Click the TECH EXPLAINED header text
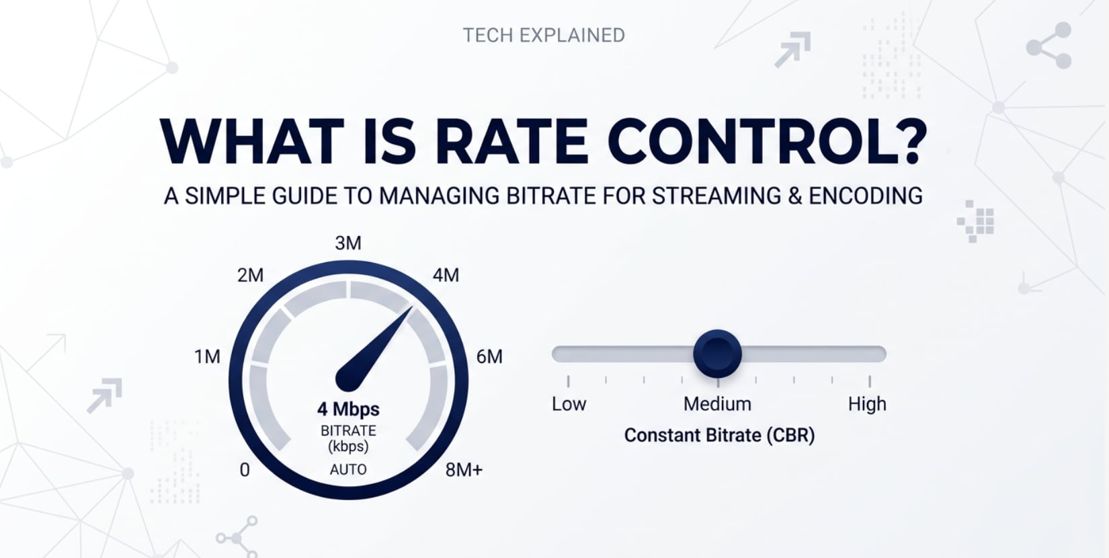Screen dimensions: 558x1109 (x=544, y=35)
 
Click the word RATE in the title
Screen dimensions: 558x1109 (x=511, y=142)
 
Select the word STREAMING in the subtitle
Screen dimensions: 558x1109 (x=715, y=196)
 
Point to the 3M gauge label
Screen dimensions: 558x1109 (x=348, y=243)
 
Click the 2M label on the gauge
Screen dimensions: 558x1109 (x=250, y=275)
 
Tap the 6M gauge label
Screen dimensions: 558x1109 (x=489, y=356)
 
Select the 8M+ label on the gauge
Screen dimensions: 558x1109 (x=464, y=469)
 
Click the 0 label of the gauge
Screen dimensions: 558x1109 (x=245, y=469)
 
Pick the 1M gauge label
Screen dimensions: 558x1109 (x=207, y=356)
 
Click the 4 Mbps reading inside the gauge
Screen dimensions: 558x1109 (x=348, y=409)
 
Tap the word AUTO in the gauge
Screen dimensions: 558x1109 (x=348, y=469)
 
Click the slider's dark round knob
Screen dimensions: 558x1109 (x=717, y=354)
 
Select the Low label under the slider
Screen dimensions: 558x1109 (x=569, y=404)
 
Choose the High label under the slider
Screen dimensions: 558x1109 (x=867, y=404)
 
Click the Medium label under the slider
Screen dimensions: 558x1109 (x=717, y=404)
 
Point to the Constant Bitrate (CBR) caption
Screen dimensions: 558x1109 (x=719, y=435)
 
